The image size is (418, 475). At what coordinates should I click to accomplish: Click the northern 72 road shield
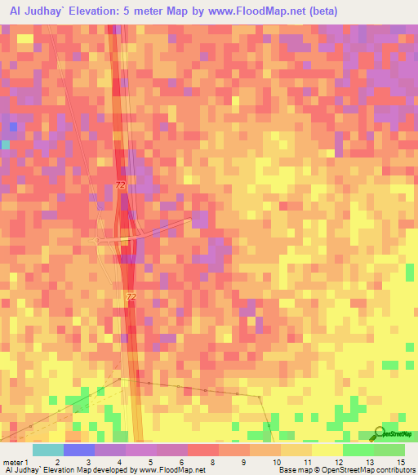[x=121, y=185]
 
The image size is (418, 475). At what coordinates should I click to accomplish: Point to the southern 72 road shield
[x=131, y=297]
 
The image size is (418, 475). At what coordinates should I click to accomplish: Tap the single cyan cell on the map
[x=5, y=144]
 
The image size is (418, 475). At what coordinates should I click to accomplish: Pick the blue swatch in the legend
[x=78, y=450]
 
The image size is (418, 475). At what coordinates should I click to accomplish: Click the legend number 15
[x=400, y=462]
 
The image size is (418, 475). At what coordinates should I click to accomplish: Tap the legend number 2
[x=57, y=462]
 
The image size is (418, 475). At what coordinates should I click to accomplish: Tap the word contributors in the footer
[x=390, y=470]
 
